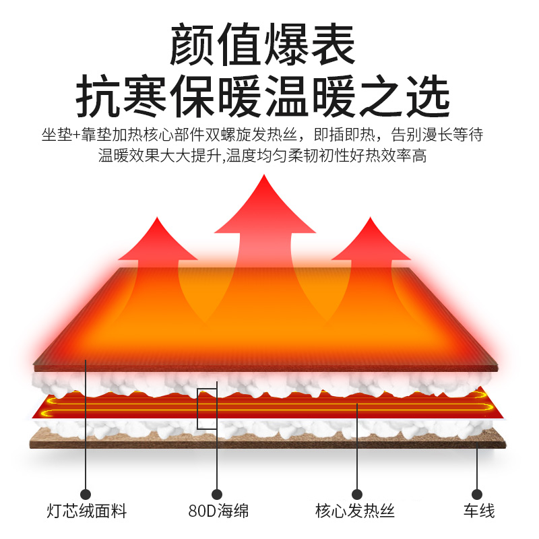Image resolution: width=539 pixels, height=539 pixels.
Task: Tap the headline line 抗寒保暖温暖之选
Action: (x=262, y=96)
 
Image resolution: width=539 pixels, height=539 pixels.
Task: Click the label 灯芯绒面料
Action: (x=87, y=511)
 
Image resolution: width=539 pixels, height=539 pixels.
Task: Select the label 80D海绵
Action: (x=218, y=511)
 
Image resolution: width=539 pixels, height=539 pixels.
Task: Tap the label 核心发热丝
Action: (x=355, y=511)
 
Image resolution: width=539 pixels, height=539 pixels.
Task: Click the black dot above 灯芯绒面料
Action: (x=86, y=494)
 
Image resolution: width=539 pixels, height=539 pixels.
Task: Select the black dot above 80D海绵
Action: (x=217, y=494)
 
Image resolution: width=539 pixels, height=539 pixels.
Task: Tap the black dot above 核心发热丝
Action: (x=357, y=494)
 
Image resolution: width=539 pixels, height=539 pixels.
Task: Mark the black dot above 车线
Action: (x=477, y=494)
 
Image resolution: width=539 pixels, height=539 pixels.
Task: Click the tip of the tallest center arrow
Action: (x=265, y=177)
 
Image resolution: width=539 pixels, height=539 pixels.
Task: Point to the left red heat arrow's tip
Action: (x=157, y=219)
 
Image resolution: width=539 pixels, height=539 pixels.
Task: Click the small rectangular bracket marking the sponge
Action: (x=207, y=408)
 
